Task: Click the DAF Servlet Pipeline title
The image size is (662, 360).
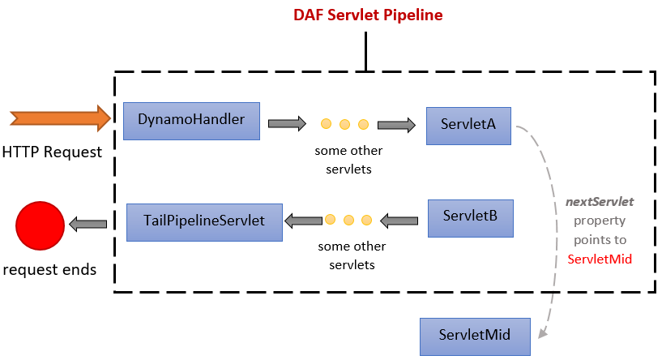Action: pos(368,15)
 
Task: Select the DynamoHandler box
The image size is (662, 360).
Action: pos(191,121)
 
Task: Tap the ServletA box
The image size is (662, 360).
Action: pos(468,126)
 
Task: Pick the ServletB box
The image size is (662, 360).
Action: pos(470,218)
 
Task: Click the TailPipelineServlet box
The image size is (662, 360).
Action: pos(204,222)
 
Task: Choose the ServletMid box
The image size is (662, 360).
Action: pos(475,336)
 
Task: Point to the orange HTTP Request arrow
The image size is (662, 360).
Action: pos(61,118)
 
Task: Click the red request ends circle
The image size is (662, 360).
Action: pos(40,225)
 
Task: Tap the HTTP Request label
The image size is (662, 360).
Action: pos(52,152)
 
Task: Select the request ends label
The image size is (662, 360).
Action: pos(49,269)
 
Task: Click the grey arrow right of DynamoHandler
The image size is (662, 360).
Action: pos(287,123)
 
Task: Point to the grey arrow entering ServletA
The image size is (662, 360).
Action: pos(396,125)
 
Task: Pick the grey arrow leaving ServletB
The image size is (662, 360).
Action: pos(399,221)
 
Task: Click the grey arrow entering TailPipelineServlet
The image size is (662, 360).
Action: pos(304,221)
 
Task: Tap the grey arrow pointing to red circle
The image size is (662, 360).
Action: pos(88,224)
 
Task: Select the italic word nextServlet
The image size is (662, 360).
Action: pos(600,202)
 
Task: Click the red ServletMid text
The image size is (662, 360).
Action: pos(600,259)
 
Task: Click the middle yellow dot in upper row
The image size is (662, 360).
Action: pos(344,124)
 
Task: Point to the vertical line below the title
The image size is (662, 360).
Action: pos(365,52)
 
